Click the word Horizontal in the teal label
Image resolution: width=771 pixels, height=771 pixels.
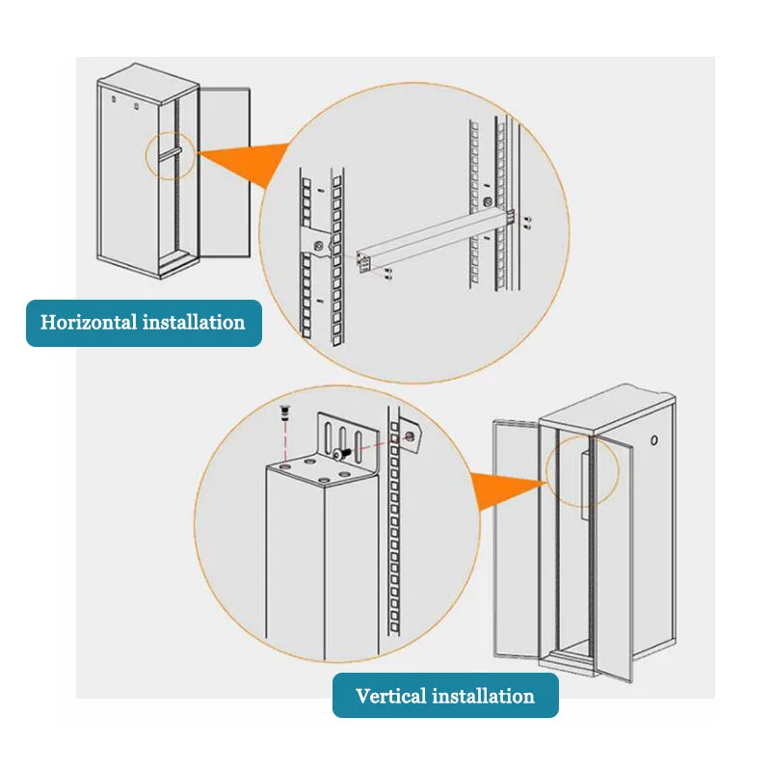[x=88, y=322]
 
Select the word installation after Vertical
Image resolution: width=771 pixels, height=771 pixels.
[x=481, y=696]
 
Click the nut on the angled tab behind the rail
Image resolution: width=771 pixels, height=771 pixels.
[x=412, y=438]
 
